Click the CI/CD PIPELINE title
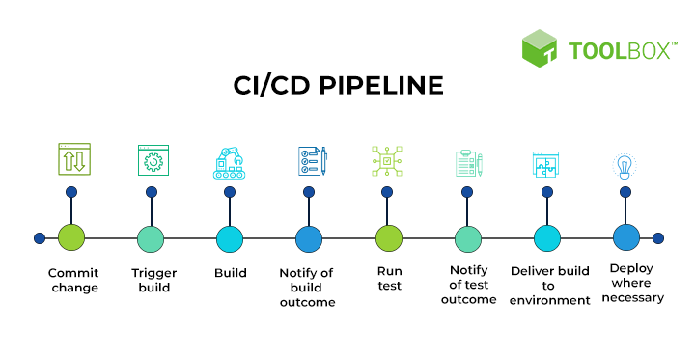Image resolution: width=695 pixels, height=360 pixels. point(339,86)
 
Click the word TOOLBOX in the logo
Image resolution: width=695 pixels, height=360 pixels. point(619,51)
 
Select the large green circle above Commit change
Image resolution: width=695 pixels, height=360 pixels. point(72,238)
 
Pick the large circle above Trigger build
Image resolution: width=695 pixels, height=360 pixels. point(151,238)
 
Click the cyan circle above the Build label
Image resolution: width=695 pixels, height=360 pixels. point(230,238)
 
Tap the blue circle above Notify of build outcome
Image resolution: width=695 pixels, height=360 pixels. point(308,238)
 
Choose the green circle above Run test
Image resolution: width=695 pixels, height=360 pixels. point(388,238)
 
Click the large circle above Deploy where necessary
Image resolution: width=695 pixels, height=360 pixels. point(626,237)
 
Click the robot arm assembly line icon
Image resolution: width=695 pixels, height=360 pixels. point(230,161)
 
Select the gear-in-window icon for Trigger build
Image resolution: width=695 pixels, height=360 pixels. point(153,160)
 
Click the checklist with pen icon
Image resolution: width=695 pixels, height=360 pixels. point(311,161)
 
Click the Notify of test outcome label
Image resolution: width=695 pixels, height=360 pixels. point(468,285)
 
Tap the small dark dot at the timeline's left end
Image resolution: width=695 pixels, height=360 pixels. point(39,238)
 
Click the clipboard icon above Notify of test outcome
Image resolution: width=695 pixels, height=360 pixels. point(468,163)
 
